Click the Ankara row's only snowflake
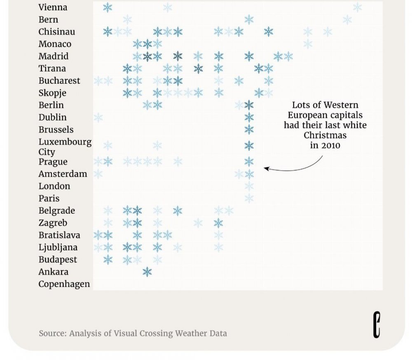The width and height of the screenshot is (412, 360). pyautogui.click(x=147, y=272)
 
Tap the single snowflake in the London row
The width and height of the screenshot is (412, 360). pyautogui.click(x=249, y=186)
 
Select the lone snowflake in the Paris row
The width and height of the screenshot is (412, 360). pyautogui.click(x=249, y=198)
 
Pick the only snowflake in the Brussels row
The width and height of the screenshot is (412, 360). pyautogui.click(x=249, y=129)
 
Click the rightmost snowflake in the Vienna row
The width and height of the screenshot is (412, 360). pyautogui.click(x=357, y=7)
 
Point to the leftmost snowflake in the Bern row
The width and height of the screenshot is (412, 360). pyautogui.click(x=127, y=19)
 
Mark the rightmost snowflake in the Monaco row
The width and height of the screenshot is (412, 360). pyautogui.click(x=308, y=44)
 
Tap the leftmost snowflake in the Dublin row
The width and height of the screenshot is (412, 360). pyautogui.click(x=98, y=117)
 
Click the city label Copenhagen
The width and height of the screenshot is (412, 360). pyautogui.click(x=64, y=284)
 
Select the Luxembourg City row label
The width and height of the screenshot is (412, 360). pyautogui.click(x=65, y=147)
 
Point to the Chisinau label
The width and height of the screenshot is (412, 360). pyautogui.click(x=57, y=32)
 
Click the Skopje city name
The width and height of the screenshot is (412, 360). pyautogui.click(x=52, y=93)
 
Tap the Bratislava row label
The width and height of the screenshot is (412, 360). pyautogui.click(x=59, y=235)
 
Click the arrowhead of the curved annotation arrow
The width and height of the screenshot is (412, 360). pyautogui.click(x=266, y=168)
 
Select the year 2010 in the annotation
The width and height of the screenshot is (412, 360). pyautogui.click(x=332, y=146)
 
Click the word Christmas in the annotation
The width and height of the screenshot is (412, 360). pyautogui.click(x=325, y=135)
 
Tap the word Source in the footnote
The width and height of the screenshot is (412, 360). pyautogui.click(x=53, y=334)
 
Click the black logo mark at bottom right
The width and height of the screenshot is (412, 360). pyautogui.click(x=377, y=325)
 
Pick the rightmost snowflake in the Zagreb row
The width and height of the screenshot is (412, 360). pyautogui.click(x=218, y=223)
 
